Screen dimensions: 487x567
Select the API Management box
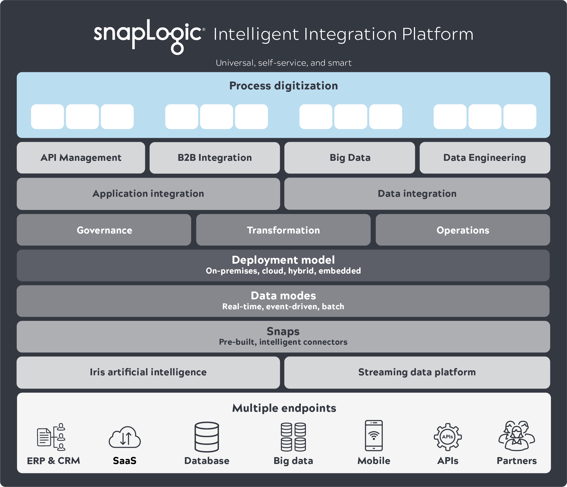tap(81, 158)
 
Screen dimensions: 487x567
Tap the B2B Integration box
tap(215, 158)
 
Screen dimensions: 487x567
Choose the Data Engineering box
tap(485, 158)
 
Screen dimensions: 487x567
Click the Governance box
tap(104, 230)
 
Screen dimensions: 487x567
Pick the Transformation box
tap(283, 230)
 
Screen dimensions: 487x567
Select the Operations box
tap(463, 230)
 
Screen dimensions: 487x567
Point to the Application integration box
tap(148, 194)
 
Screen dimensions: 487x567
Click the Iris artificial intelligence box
tap(148, 373)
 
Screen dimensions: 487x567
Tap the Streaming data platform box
tap(417, 373)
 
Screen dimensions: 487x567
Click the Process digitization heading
tap(283, 86)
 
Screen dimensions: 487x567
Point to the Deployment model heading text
tap(283, 260)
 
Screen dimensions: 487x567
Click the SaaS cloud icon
tap(125, 437)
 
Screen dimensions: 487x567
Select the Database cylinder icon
tap(207, 437)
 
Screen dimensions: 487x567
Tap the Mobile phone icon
tap(373, 436)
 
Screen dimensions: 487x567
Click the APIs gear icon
tap(448, 437)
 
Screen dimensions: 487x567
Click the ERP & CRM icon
tap(51, 437)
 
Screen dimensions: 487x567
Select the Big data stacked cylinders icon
tap(293, 437)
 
